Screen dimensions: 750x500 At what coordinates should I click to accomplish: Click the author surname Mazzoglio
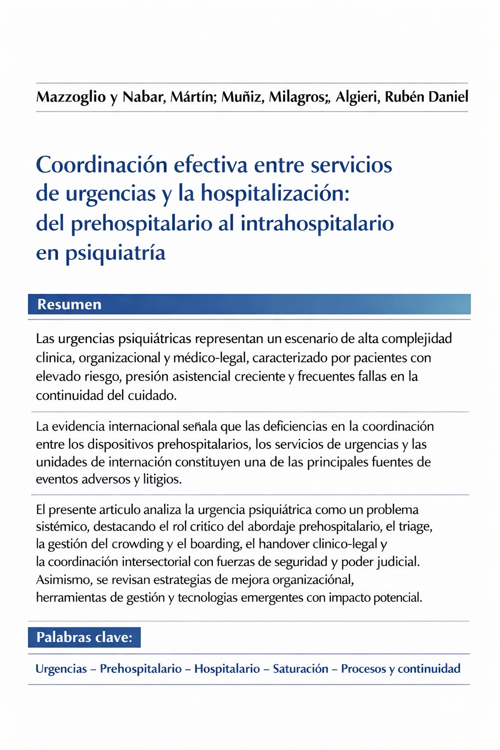tap(71, 97)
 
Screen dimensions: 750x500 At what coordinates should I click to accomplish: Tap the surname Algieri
tap(357, 97)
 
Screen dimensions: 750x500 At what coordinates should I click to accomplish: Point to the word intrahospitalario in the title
tap(317, 224)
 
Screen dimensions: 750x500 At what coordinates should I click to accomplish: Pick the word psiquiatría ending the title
tap(115, 253)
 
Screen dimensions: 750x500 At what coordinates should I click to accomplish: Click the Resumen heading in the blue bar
tap(69, 304)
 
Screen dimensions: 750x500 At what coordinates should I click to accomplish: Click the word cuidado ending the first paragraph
tap(152, 395)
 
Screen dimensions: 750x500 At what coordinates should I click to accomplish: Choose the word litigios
tap(162, 479)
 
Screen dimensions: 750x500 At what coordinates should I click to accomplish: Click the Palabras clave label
tap(84, 637)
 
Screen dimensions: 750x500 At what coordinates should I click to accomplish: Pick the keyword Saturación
tap(300, 668)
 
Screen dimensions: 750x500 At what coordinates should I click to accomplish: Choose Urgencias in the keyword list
tap(61, 668)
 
